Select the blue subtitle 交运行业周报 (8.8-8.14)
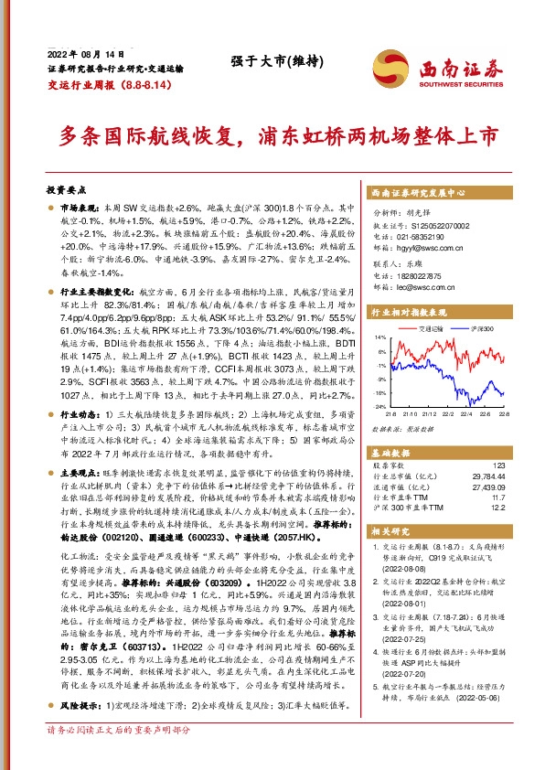[x=105, y=83]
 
